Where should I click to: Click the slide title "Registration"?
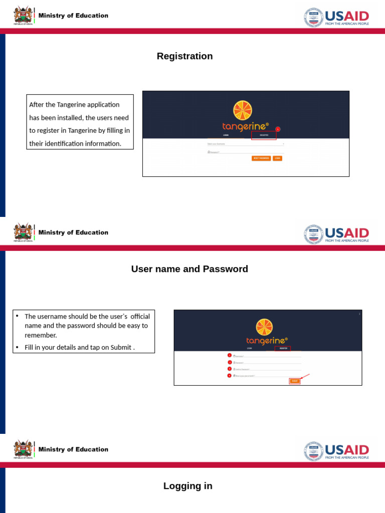(x=184, y=56)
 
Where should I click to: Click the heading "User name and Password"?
(x=189, y=269)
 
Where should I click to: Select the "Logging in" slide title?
(x=187, y=486)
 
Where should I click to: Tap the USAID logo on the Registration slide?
(x=336, y=18)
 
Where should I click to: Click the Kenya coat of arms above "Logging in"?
(x=23, y=449)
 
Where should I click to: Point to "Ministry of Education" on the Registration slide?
(x=73, y=16)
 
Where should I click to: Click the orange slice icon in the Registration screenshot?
(x=243, y=110)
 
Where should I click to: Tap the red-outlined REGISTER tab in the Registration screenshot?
(x=264, y=135)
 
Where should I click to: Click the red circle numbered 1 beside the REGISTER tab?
(x=278, y=129)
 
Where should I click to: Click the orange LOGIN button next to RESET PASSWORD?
(x=277, y=158)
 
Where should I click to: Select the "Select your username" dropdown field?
(x=246, y=144)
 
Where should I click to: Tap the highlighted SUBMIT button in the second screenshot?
(x=295, y=381)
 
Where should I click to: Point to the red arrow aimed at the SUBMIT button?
(x=304, y=376)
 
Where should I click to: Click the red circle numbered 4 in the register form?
(x=230, y=375)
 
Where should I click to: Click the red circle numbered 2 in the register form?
(x=230, y=362)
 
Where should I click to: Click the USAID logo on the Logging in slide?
(x=336, y=451)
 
